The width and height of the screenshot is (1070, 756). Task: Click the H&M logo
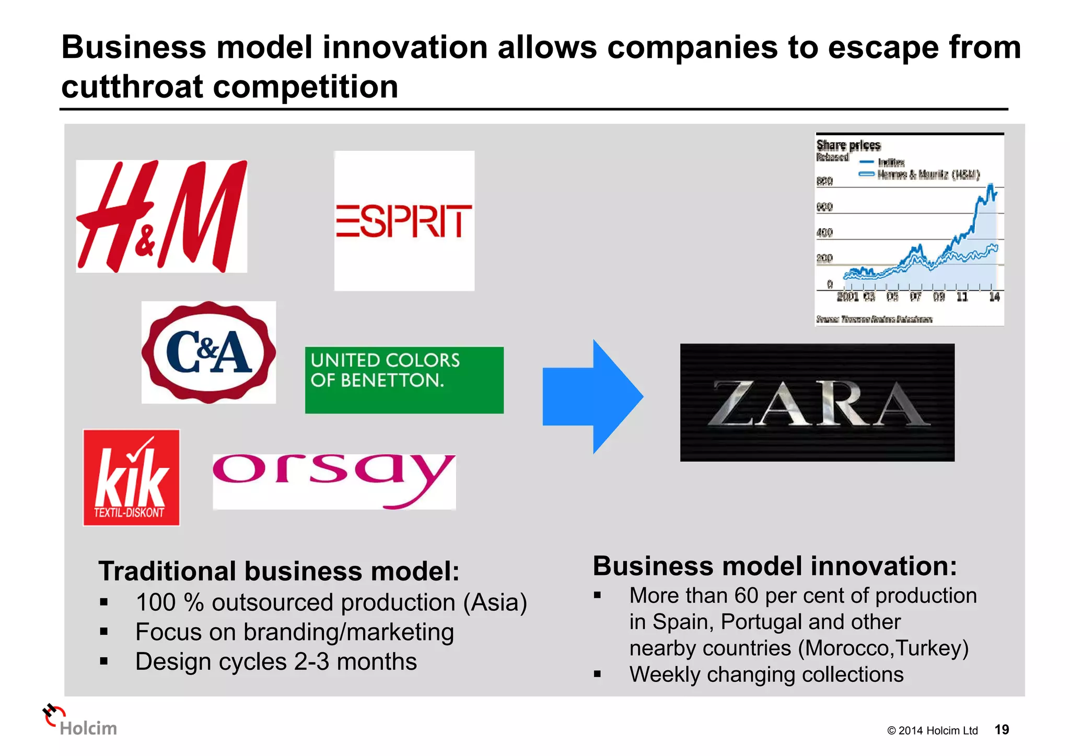(161, 216)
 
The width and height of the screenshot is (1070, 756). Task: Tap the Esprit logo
(404, 221)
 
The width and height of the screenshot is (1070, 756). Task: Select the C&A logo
(208, 352)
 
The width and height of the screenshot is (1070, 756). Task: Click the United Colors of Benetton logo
(404, 380)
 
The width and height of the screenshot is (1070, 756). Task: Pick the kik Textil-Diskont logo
(131, 477)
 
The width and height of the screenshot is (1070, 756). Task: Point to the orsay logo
(334, 481)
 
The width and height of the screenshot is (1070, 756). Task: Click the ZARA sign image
(817, 402)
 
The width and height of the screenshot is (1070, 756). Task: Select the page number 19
(1001, 729)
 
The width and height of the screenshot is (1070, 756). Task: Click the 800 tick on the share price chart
(824, 181)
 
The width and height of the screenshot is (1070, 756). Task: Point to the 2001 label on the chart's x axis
(847, 297)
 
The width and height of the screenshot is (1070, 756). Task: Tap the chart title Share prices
(848, 145)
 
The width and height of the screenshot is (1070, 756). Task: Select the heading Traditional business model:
(278, 571)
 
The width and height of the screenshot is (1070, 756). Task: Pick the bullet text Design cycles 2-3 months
(276, 662)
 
